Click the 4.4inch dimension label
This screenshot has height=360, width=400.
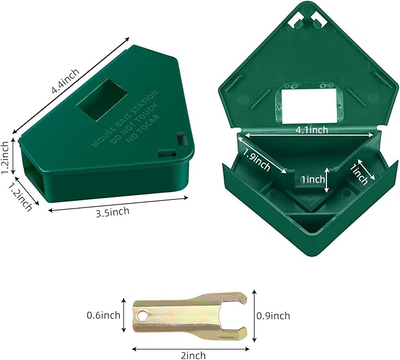coord(65,81)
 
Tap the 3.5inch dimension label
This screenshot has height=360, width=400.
coord(113,212)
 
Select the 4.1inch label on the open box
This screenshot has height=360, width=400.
coord(312,130)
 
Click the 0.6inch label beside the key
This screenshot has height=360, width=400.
coord(104,315)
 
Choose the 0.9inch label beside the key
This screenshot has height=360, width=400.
coord(273,316)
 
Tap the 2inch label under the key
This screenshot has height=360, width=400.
coord(193,355)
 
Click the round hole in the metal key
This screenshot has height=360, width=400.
coord(141,316)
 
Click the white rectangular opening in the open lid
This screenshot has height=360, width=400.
coord(309,106)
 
